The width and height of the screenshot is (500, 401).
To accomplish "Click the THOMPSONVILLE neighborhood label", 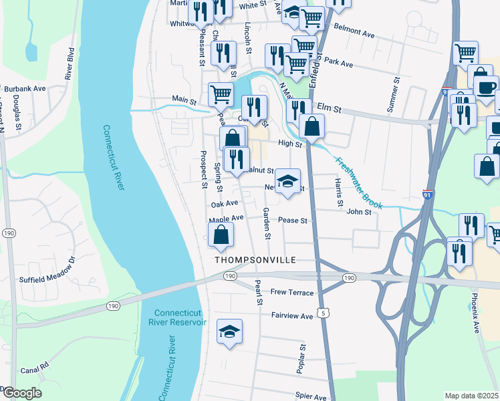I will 255,259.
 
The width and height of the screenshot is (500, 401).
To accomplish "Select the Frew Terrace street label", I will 292,292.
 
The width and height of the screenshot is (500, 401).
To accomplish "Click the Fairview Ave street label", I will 292,315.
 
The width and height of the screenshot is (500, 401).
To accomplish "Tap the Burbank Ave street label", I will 25,88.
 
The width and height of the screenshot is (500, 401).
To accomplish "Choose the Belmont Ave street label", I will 354,32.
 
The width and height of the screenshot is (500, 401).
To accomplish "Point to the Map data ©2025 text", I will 471,396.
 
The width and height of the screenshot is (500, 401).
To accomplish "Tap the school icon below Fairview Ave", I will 229,332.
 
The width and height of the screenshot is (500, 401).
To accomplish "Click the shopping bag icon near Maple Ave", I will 221,235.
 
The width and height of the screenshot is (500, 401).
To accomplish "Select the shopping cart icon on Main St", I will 221,94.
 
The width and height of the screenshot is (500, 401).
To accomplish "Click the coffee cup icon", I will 486,87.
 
